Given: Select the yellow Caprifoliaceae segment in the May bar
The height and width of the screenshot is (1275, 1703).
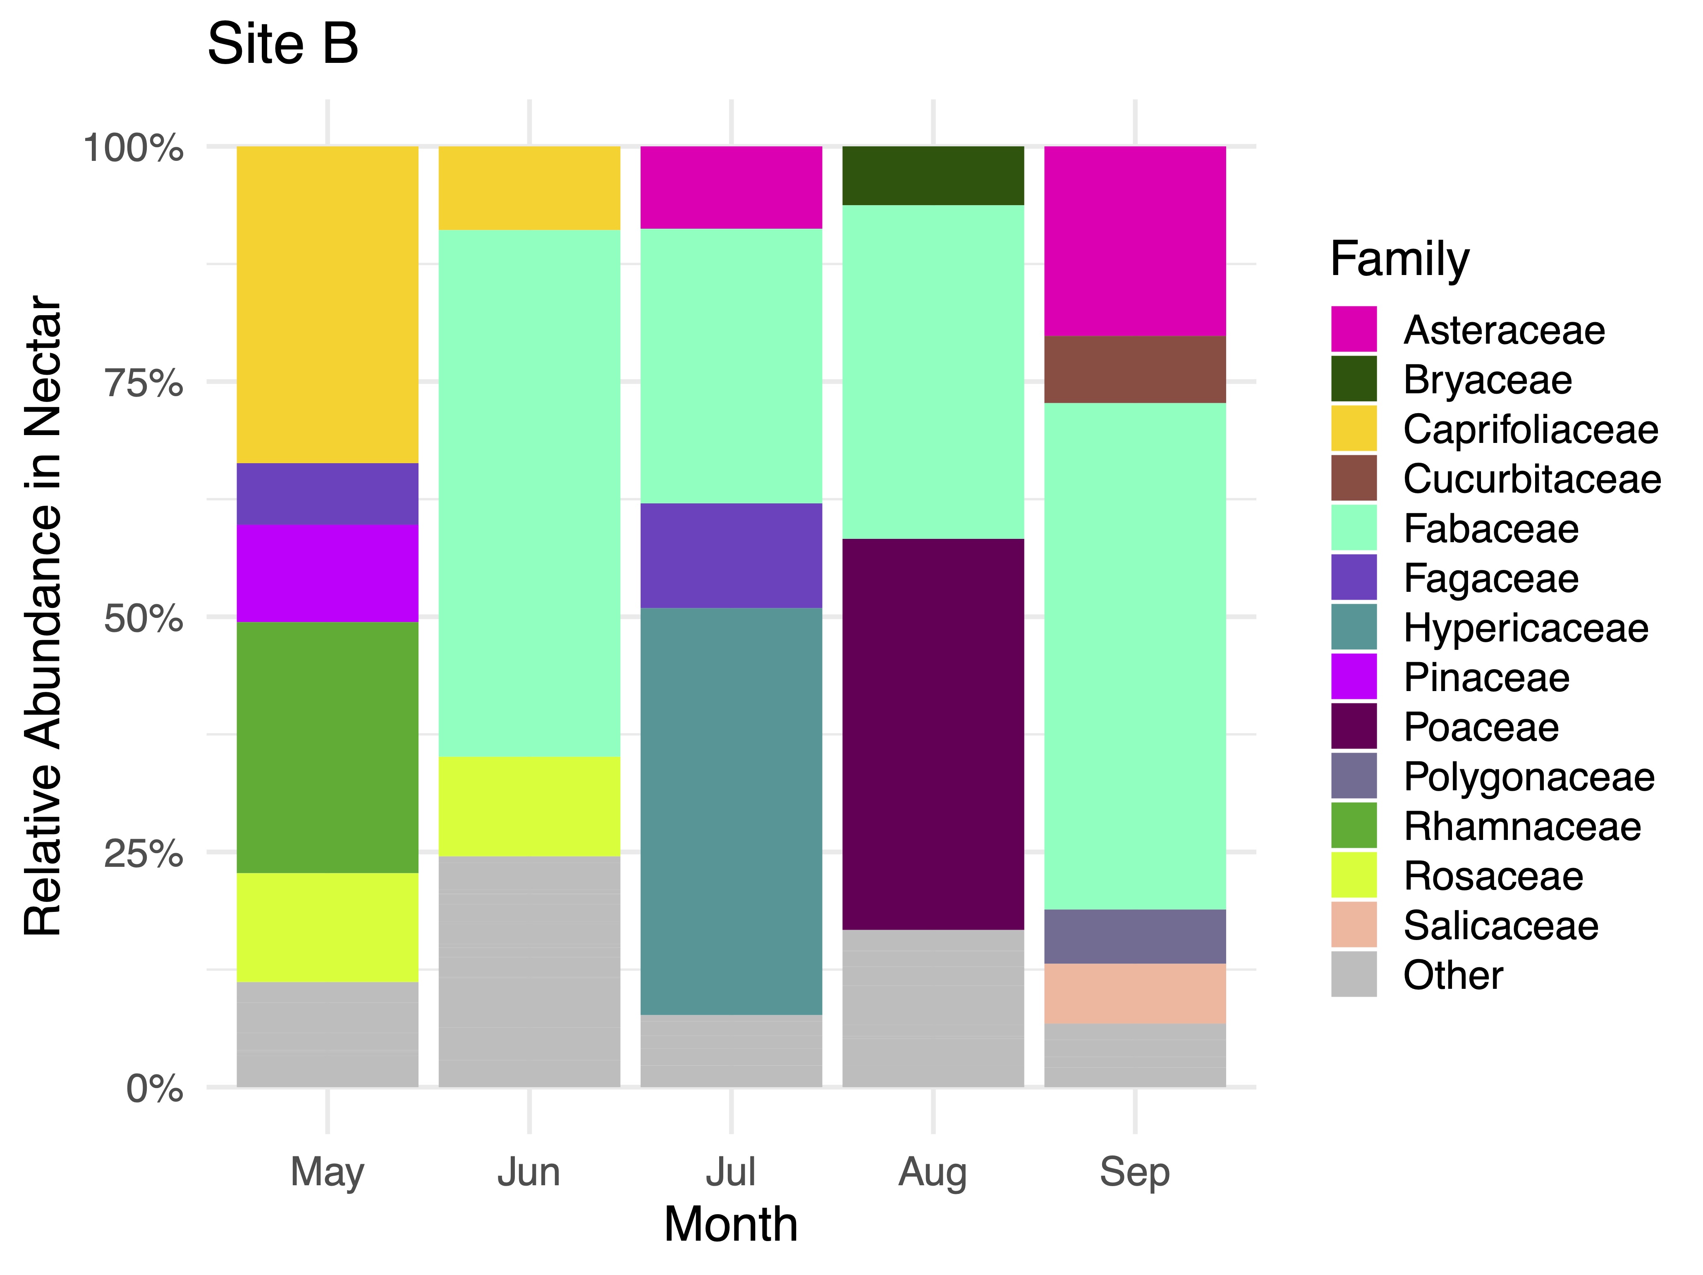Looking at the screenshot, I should (327, 304).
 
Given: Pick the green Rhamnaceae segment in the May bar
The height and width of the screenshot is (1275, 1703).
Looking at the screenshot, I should (327, 747).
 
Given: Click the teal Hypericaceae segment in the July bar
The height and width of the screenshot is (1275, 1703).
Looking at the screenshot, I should (731, 811).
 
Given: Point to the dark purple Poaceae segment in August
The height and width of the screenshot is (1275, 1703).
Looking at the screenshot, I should (933, 734).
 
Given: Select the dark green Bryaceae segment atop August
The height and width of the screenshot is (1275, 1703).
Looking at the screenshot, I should (933, 175).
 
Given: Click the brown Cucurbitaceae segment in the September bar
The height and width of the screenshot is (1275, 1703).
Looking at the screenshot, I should (1135, 370).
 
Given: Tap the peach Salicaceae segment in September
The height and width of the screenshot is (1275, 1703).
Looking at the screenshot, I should (1135, 993).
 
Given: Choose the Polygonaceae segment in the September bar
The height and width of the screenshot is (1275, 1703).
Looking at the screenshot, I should (1135, 936).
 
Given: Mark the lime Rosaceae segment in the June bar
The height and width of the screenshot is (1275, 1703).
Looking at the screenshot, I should (529, 806).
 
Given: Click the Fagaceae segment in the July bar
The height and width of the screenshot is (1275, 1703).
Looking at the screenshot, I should (731, 555).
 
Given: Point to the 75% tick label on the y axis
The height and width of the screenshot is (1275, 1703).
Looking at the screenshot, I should (144, 383).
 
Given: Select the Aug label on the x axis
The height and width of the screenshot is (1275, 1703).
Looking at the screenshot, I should (932, 1172).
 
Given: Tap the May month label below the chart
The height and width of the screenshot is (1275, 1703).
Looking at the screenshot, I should (327, 1172).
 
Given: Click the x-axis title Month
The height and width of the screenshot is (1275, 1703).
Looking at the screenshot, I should (731, 1224).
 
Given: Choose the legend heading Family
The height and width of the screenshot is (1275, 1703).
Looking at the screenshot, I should (1399, 259).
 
